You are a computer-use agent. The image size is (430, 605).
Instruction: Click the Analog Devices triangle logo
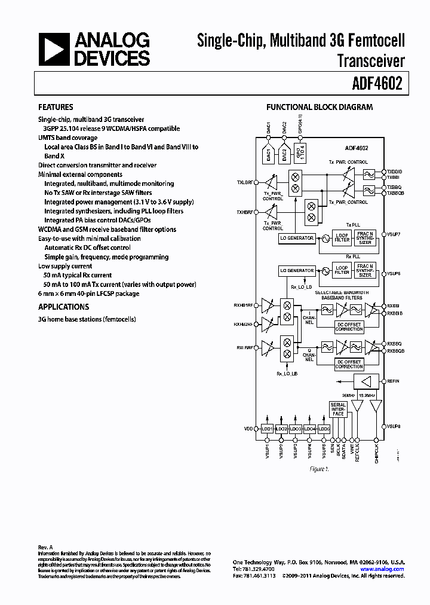tap(55, 49)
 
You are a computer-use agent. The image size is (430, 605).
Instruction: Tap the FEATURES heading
tap(56, 108)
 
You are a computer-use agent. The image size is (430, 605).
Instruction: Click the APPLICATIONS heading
tap(63, 307)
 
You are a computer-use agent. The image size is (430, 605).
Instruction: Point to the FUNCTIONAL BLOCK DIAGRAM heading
tap(319, 108)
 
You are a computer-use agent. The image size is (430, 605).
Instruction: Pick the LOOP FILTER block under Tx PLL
tap(342, 238)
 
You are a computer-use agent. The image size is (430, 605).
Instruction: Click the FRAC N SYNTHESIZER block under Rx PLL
tap(365, 271)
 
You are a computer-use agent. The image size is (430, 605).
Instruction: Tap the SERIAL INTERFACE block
tap(338, 410)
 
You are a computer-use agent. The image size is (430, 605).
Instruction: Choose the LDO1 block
tap(267, 429)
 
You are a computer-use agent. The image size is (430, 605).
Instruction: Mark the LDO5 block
tap(324, 429)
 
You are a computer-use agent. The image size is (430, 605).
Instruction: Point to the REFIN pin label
tap(393, 381)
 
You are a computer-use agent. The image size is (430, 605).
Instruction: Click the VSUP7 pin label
tap(394, 234)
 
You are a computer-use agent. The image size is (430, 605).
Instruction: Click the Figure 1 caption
tap(319, 469)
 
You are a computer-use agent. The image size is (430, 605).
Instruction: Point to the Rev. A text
tap(46, 547)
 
